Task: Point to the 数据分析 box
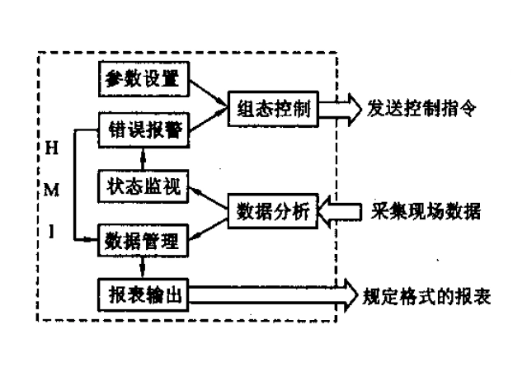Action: (273, 211)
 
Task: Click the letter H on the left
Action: (51, 148)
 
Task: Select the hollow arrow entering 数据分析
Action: (337, 211)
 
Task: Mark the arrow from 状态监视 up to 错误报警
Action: (144, 158)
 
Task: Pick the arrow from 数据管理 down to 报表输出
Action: (144, 268)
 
